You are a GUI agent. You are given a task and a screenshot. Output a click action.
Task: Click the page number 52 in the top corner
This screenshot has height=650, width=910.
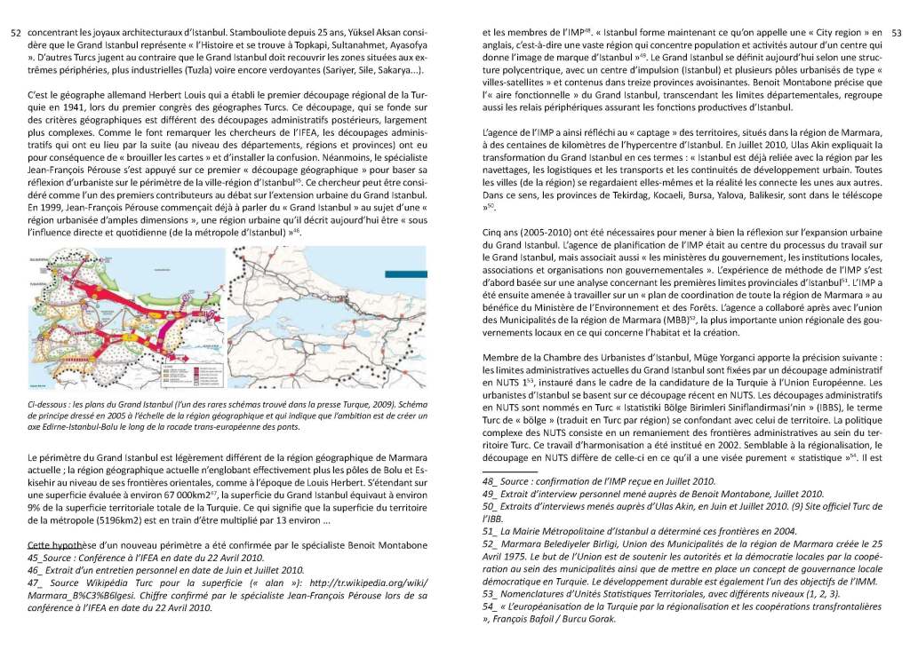14,33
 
